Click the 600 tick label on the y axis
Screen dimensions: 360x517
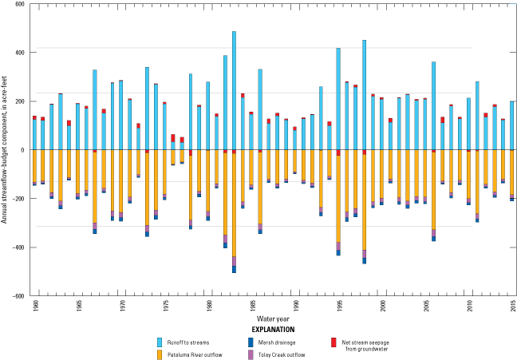click(x=20, y=5)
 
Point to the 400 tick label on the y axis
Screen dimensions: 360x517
click(x=20, y=53)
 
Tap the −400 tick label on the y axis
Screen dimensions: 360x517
click(x=19, y=247)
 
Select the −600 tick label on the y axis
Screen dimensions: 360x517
click(x=19, y=295)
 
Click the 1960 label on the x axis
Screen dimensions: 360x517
click(x=34, y=304)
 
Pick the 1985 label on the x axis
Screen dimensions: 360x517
click(x=77, y=304)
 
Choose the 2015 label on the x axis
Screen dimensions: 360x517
click(x=511, y=304)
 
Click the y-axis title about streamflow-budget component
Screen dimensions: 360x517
click(x=6, y=150)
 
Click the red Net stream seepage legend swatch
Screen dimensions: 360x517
click(x=333, y=341)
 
